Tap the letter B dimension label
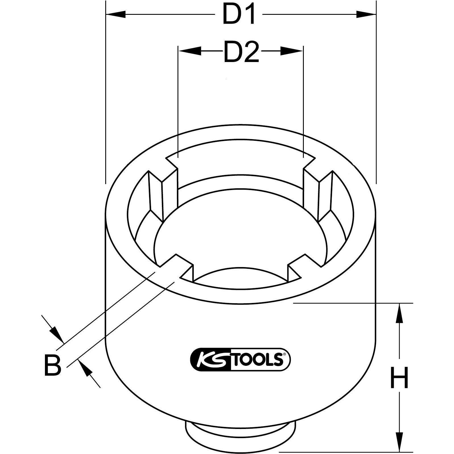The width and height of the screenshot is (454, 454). [53, 365]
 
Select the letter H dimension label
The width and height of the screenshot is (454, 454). [399, 377]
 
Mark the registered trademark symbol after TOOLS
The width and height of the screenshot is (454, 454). [283, 354]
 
